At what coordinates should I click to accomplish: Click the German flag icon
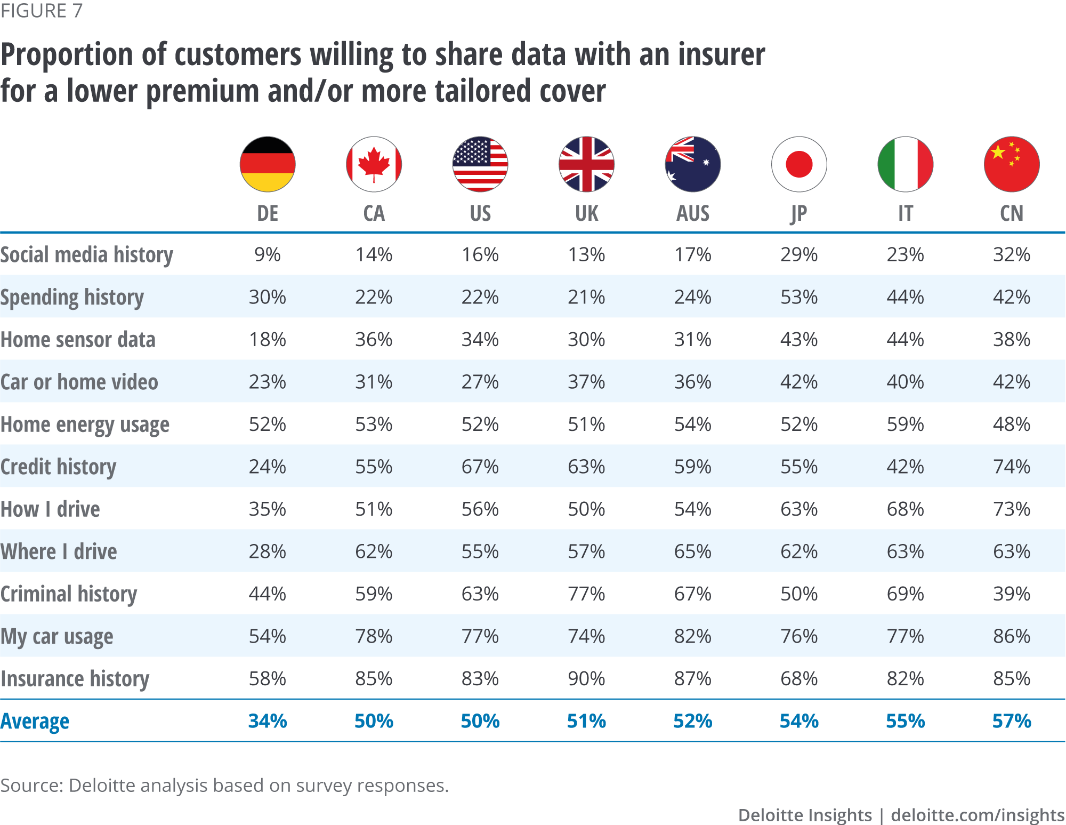[x=267, y=164]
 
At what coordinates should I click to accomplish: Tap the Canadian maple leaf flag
[x=374, y=164]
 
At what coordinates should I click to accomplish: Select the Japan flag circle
[x=799, y=164]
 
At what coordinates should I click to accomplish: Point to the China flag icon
[x=1012, y=164]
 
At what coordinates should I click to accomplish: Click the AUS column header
[x=693, y=213]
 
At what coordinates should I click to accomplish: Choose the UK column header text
[x=586, y=213]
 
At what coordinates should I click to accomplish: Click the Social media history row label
[x=87, y=255]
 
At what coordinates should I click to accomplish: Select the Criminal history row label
[x=69, y=594]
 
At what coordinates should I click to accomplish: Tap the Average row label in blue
[x=35, y=722]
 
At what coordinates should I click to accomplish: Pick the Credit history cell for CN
[x=1012, y=467]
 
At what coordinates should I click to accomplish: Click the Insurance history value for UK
[x=586, y=679]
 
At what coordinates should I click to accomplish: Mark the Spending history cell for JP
[x=799, y=297]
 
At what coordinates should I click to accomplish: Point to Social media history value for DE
[x=267, y=255]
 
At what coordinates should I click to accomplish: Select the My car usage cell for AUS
[x=693, y=636]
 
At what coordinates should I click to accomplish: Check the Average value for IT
[x=905, y=722]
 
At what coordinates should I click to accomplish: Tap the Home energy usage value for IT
[x=905, y=424]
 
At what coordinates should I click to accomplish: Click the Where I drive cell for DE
[x=267, y=551]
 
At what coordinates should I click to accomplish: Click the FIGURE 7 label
[x=42, y=11]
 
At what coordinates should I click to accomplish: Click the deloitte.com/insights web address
[x=978, y=815]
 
